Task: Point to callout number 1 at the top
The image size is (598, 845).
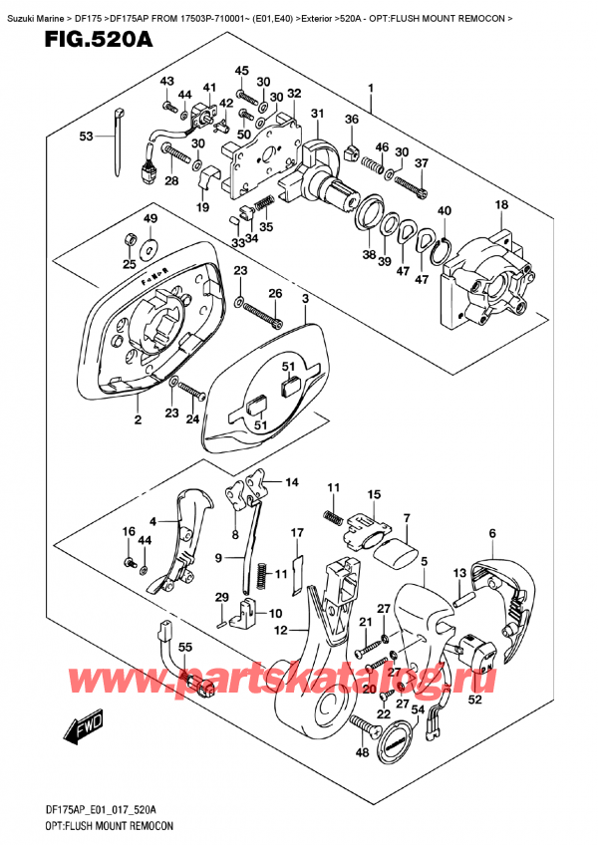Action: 371,88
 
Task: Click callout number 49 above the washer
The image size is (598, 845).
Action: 149,219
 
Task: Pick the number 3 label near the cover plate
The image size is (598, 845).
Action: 306,298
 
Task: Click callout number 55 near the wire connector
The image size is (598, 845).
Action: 184,649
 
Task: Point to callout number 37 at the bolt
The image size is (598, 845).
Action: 421,163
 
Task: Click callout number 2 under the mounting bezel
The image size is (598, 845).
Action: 138,422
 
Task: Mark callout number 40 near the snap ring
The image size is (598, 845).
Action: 444,210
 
